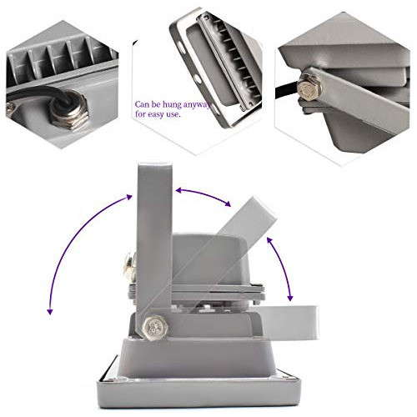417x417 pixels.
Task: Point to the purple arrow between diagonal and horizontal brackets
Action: pyautogui.click(x=281, y=267)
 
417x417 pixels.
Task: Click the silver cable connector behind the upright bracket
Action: pyautogui.click(x=128, y=268)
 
